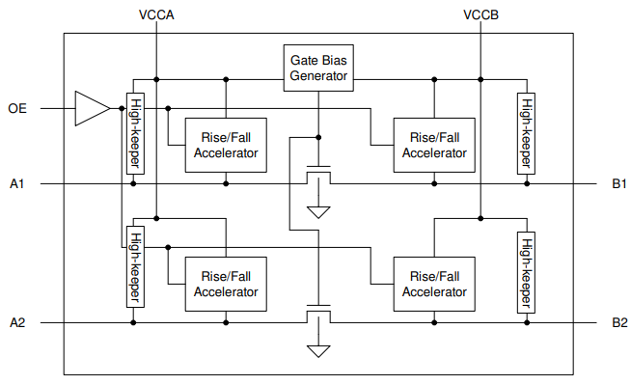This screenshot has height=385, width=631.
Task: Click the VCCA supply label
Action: [155, 16]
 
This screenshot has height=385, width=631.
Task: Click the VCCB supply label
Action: [480, 16]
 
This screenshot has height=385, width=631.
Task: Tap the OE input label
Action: [17, 108]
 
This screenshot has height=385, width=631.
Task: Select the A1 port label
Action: [17, 183]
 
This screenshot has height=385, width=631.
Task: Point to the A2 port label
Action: [17, 322]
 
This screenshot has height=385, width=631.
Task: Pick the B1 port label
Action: [618, 183]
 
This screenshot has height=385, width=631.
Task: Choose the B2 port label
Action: [618, 322]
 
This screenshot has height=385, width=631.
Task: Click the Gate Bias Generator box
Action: [317, 69]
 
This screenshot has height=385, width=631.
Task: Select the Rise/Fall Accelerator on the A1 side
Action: [225, 146]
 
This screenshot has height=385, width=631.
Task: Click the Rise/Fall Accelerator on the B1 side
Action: [433, 146]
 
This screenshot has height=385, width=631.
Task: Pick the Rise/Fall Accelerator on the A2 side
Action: [225, 284]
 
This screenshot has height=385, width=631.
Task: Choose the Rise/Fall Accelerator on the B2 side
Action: [433, 284]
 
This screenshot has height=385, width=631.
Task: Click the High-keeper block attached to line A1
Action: [133, 133]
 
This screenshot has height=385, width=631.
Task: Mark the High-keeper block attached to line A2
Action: [133, 267]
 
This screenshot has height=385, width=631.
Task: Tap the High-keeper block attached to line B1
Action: [526, 133]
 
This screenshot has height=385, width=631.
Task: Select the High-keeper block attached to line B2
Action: [526, 272]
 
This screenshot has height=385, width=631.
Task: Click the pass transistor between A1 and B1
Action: [317, 174]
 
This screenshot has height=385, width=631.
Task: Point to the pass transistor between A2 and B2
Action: [317, 313]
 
